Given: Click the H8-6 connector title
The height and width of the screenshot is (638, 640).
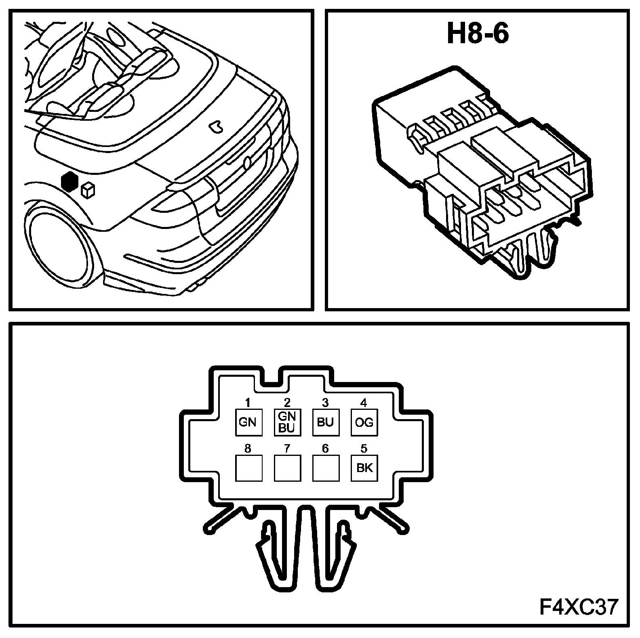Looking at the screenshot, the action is [477, 34].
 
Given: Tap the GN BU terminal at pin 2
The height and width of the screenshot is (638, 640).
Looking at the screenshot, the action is [287, 422].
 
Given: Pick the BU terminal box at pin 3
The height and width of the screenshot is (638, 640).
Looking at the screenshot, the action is [326, 422].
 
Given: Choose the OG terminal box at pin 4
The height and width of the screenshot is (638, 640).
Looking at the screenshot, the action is [364, 422].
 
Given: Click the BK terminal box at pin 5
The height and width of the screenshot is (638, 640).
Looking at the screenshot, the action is [364, 468].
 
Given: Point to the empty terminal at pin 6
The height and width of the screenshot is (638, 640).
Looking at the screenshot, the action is [326, 468].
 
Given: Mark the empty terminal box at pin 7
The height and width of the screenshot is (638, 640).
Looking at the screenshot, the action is [287, 468].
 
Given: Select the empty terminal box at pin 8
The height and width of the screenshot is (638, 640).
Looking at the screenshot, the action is [248, 468].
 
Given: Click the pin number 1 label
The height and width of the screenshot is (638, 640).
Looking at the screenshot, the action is [248, 403].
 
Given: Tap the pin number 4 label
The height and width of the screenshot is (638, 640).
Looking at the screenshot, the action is [364, 403].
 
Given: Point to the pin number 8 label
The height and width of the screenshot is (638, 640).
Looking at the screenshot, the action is [248, 448].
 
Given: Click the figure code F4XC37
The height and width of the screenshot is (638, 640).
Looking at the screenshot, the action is [579, 607].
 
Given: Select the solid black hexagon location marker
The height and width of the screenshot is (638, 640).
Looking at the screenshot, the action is [69, 182].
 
